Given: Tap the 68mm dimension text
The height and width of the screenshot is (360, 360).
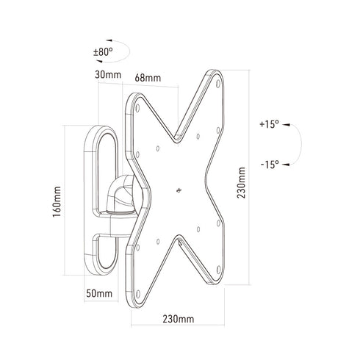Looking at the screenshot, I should click(147, 77).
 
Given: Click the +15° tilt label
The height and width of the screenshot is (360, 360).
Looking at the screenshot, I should click(270, 125).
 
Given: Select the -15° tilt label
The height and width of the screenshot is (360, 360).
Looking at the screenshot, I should click(270, 165).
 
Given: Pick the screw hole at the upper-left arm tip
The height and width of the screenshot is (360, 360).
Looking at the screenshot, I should click(137, 108).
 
